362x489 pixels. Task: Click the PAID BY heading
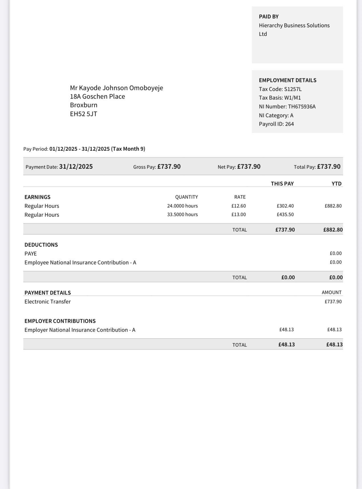[269, 17]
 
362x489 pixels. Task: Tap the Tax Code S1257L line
[280, 89]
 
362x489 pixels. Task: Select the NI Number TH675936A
[287, 107]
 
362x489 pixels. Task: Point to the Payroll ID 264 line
[276, 124]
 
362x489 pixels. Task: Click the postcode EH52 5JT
[84, 114]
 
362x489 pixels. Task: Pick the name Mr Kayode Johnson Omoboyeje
[116, 88]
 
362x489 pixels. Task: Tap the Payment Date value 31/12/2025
[76, 167]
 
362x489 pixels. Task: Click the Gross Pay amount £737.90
[169, 167]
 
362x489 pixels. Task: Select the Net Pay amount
[249, 167]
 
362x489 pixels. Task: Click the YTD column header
[336, 184]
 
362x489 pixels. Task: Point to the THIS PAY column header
[282, 184]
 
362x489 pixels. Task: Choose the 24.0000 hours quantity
[182, 206]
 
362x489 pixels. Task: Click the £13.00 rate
[238, 215]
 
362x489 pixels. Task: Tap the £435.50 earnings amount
[285, 215]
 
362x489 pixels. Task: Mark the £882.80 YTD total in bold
[333, 230]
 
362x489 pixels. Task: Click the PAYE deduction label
[31, 254]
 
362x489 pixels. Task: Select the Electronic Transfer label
[48, 302]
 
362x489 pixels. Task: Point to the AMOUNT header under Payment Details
[331, 292]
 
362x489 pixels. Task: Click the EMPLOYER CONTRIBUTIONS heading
[60, 321]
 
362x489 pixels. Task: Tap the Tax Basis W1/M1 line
[280, 98]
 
